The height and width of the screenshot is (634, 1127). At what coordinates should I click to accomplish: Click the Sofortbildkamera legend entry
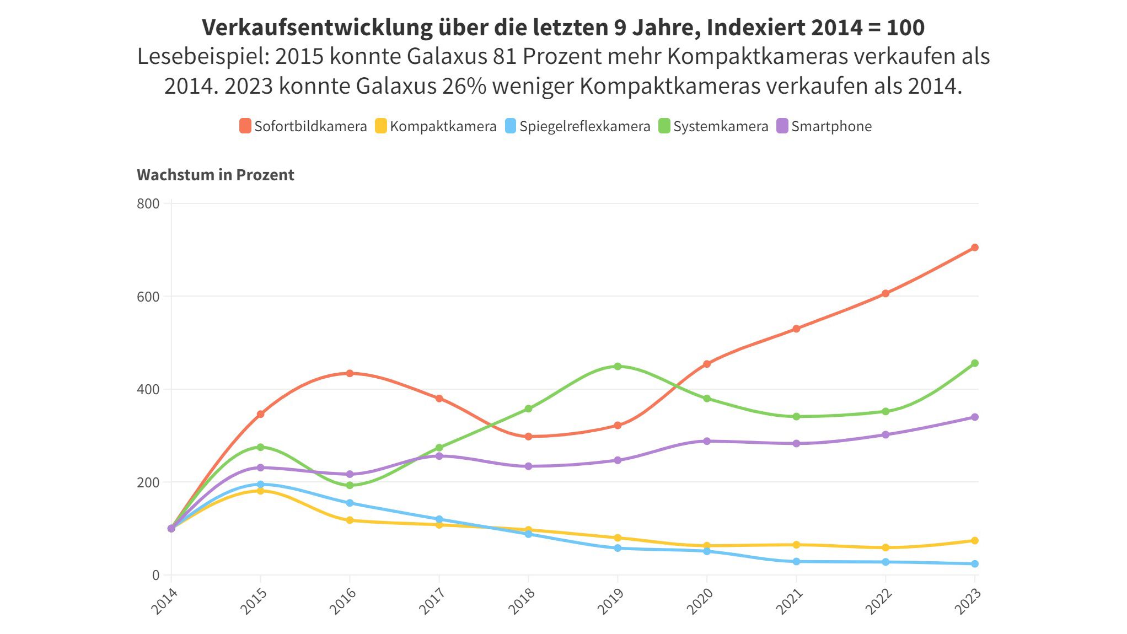(x=303, y=126)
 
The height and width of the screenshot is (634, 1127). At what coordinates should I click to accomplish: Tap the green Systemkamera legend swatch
(x=664, y=126)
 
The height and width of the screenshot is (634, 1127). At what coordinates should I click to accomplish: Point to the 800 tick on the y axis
(x=148, y=204)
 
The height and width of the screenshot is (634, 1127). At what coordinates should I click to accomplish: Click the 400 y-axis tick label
(x=148, y=390)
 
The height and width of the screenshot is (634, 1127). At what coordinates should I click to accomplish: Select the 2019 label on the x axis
(x=610, y=600)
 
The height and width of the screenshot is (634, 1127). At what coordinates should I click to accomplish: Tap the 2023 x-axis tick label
(x=968, y=600)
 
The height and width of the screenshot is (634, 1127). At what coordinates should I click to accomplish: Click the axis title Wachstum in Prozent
(x=215, y=175)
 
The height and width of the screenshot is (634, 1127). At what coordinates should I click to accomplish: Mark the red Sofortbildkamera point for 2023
(x=974, y=248)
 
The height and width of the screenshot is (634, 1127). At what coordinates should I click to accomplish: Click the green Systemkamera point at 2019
(x=618, y=366)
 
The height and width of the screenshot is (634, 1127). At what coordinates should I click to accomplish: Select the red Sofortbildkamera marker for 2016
(x=350, y=373)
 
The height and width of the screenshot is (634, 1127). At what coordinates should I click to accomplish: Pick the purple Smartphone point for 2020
(x=707, y=441)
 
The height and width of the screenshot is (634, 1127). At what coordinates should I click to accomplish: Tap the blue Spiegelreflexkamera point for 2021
(x=796, y=561)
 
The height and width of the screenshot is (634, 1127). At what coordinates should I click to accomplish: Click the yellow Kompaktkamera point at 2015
(x=260, y=491)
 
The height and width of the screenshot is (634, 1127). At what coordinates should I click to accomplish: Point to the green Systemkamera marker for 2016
(x=350, y=485)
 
